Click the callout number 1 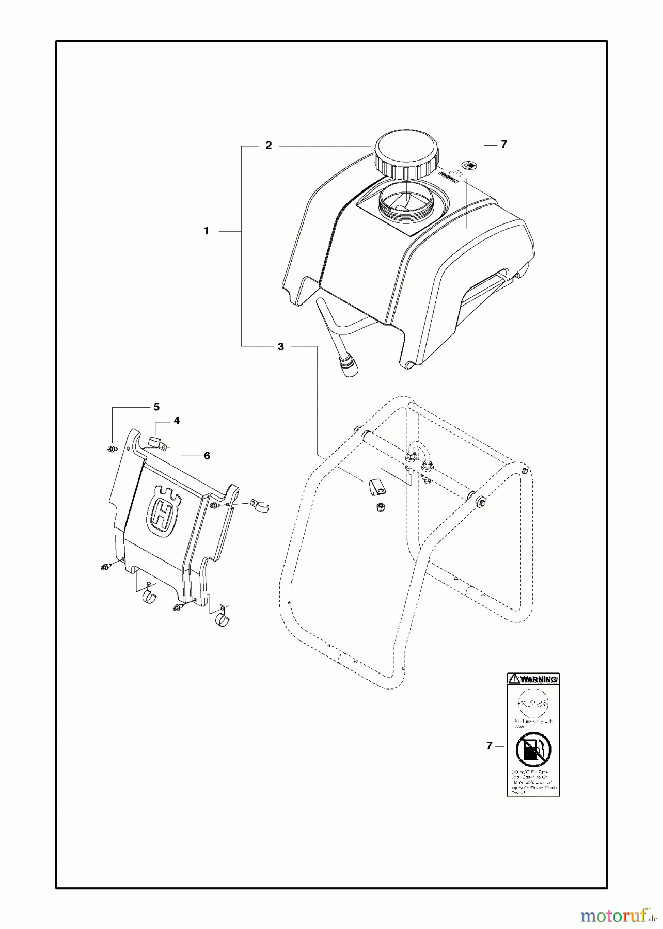[207, 231]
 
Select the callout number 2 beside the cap [269, 146]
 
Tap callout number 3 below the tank [280, 346]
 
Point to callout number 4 [177, 421]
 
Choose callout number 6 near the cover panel [207, 456]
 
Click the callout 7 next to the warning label [489, 746]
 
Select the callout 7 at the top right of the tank [503, 145]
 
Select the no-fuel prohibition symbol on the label [533, 750]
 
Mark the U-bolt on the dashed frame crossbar [419, 454]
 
